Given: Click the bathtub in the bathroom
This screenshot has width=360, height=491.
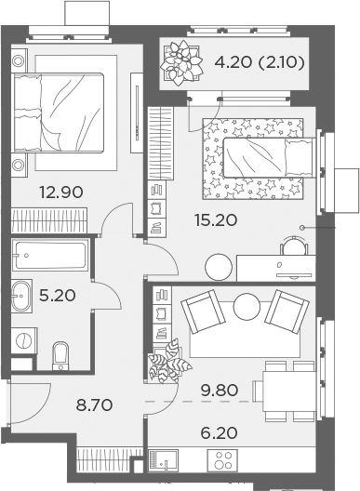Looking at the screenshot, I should click(x=50, y=255).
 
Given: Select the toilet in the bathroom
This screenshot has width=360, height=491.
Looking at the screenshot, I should click(x=60, y=354).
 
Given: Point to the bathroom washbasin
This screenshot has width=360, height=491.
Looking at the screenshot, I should click(x=22, y=297).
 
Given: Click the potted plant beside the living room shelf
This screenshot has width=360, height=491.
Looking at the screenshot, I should click(x=168, y=362).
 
